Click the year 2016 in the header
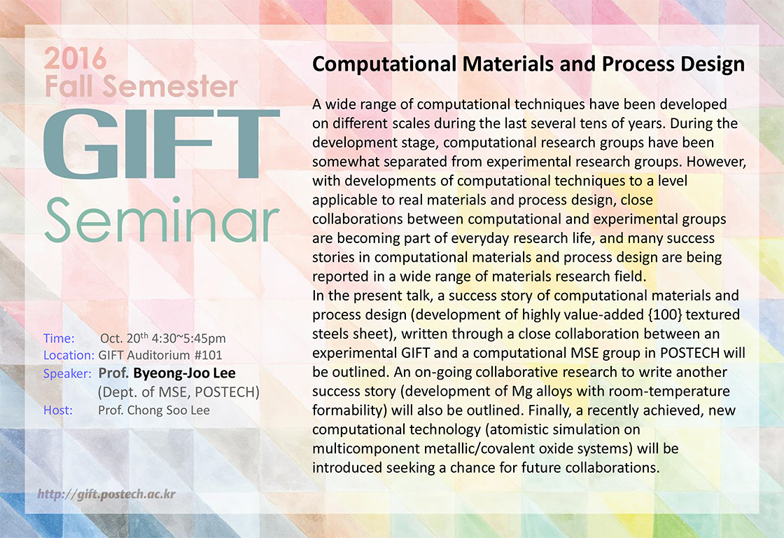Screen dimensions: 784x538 point(75,59)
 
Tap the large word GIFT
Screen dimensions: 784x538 point(162,143)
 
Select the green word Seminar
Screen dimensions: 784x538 point(162,220)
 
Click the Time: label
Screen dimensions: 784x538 point(59,338)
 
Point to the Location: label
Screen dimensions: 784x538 point(69,355)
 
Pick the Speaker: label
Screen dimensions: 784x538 point(67,374)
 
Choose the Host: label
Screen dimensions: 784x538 point(58,411)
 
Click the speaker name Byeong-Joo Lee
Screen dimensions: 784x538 point(185,373)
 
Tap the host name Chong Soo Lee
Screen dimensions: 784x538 point(169,411)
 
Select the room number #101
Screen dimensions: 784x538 point(208,355)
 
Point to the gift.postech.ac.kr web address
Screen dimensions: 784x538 point(106,495)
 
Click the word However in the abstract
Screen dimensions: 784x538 point(717,162)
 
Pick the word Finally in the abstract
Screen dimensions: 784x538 point(550,411)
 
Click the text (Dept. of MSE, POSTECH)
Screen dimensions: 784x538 point(179,392)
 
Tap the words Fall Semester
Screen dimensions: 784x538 point(141,87)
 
